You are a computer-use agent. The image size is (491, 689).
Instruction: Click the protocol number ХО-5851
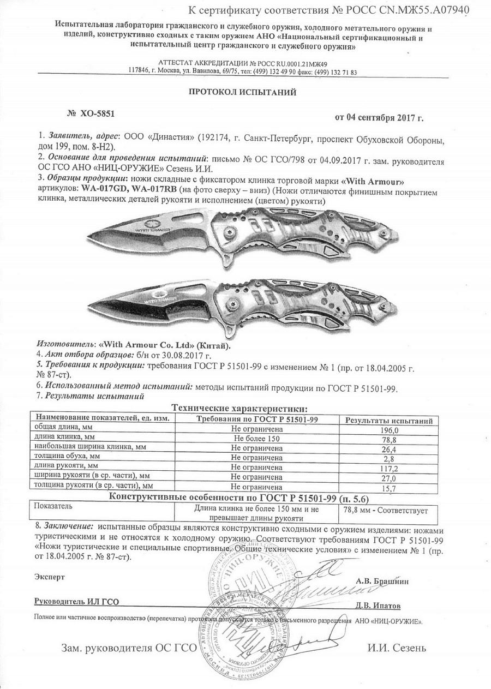tap(97, 113)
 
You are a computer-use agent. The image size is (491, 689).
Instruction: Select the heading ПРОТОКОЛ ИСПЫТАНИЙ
tap(243, 92)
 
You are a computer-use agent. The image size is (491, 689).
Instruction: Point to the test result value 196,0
tap(387, 430)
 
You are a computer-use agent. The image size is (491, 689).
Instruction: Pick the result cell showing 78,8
tap(387, 440)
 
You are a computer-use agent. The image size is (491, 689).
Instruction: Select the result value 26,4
tap(387, 450)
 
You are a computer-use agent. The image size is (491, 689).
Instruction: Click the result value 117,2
tap(387, 469)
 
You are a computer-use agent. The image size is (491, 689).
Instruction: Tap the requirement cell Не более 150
tap(256, 439)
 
